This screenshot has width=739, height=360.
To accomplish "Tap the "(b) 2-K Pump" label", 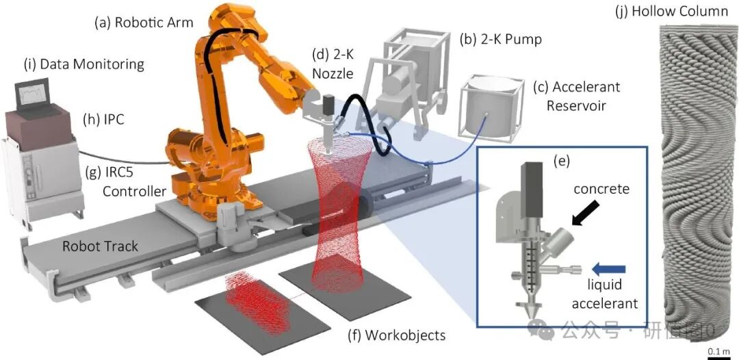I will point(500,39).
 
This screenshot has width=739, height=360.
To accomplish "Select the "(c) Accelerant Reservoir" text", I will point(576,97).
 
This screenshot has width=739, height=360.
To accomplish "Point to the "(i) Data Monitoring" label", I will point(83,64).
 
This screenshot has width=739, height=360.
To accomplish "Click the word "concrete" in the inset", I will point(601,190).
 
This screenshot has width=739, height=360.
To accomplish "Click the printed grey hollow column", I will point(697,185).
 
